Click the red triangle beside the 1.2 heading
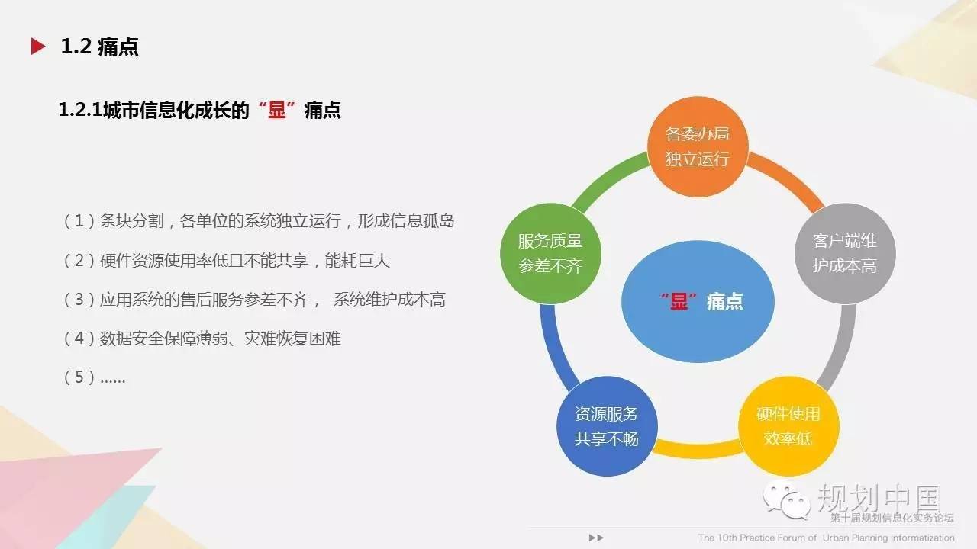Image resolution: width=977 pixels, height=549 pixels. pyautogui.click(x=38, y=47)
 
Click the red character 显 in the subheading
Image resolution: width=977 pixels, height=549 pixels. pyautogui.click(x=276, y=110)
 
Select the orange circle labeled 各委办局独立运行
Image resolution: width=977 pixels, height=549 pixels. pyautogui.click(x=698, y=147)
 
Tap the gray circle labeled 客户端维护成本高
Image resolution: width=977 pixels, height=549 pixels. pyautogui.click(x=845, y=254)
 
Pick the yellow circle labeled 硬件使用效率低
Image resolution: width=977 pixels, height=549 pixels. pyautogui.click(x=788, y=426)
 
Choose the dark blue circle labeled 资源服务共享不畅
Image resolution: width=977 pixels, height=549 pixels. pyautogui.click(x=607, y=426)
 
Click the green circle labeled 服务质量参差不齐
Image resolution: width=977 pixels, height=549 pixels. pyautogui.click(x=550, y=254)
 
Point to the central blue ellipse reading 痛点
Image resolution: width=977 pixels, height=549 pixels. pyautogui.click(x=698, y=301)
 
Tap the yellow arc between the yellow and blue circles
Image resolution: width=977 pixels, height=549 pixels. pyautogui.click(x=698, y=451)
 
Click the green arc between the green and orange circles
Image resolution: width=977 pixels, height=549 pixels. pyautogui.click(x=608, y=178)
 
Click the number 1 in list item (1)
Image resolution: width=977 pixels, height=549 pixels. pyautogui.click(x=79, y=221)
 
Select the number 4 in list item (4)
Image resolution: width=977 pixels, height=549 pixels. pyautogui.click(x=79, y=338)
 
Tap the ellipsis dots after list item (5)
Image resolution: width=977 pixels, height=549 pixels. pyautogui.click(x=112, y=381)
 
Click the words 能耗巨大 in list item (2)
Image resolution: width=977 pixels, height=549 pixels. pyautogui.click(x=357, y=261)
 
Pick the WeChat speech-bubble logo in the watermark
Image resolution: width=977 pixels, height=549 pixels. pyautogui.click(x=786, y=501)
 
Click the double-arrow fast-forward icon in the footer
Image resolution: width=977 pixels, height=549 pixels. pyautogui.click(x=596, y=538)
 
